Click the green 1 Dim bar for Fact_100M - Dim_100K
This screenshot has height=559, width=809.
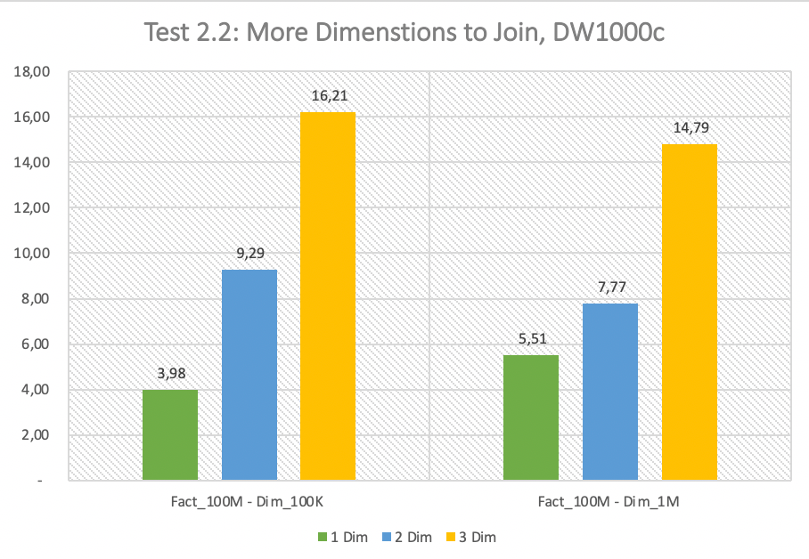pos(170,434)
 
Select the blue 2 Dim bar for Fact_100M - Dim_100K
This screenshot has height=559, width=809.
pos(249,375)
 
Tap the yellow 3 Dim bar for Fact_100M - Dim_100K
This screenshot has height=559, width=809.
pos(328,296)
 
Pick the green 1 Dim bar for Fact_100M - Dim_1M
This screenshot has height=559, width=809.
pos(531,417)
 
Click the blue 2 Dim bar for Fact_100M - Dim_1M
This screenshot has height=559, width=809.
pos(610,392)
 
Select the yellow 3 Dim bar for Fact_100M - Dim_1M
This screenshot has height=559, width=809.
pos(690,312)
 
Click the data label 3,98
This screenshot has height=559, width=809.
pos(170,374)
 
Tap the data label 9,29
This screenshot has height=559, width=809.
pos(249,254)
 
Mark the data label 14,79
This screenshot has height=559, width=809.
pos(690,128)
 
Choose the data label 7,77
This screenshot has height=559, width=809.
pos(610,288)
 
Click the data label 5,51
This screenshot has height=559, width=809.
pos(531,339)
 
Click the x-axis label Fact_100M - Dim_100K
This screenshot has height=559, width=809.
pos(249,503)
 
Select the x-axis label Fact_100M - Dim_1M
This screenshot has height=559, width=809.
pos(610,503)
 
